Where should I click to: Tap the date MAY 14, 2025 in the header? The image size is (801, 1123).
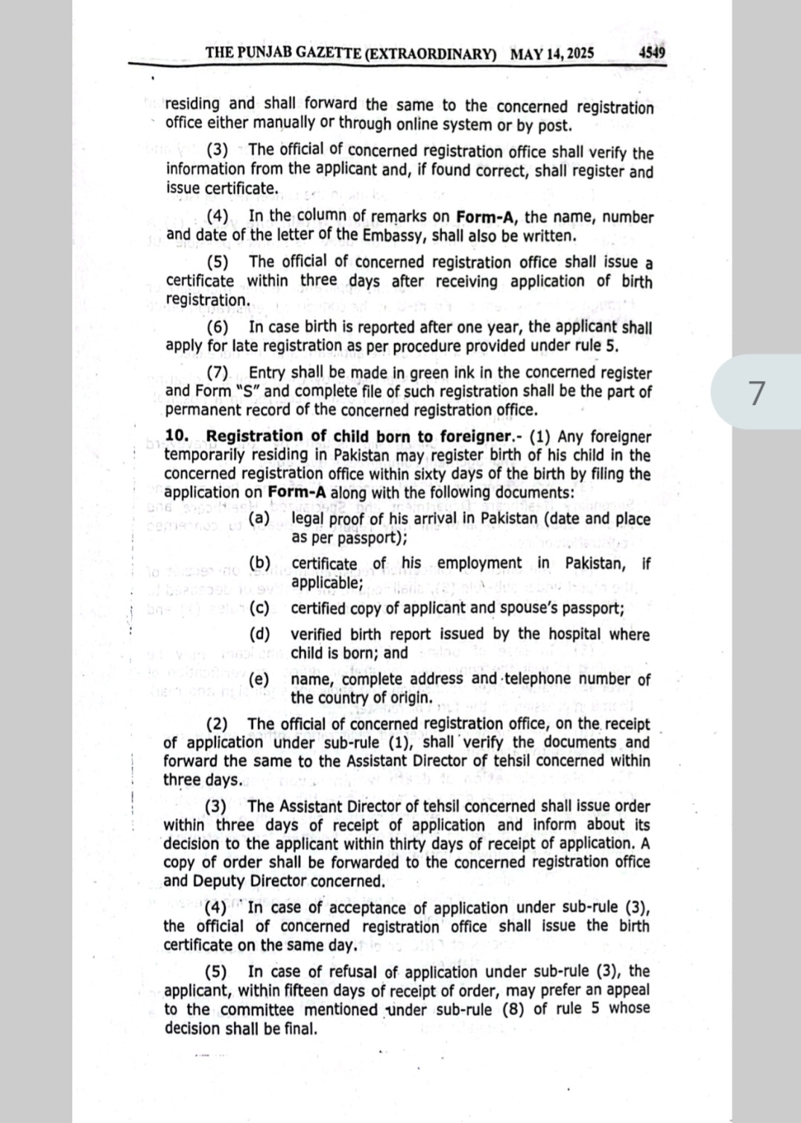[x=552, y=54]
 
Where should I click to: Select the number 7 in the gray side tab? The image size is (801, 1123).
[x=756, y=393]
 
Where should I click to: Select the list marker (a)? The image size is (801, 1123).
[x=259, y=518]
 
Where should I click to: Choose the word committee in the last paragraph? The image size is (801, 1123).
[x=257, y=1010]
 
